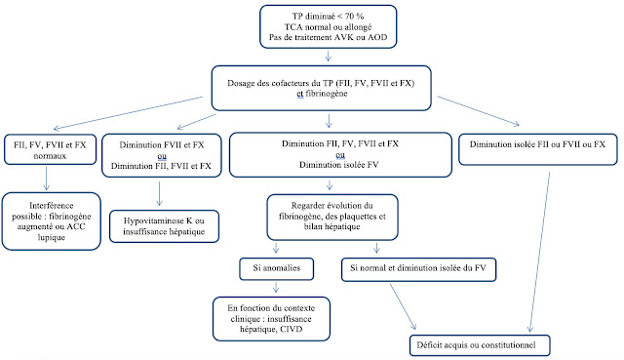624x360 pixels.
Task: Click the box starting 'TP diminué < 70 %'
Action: pyautogui.click(x=329, y=26)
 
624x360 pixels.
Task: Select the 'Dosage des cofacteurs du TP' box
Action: pyautogui.click(x=321, y=88)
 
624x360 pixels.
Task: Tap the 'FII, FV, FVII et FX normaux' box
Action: pyautogui.click(x=50, y=149)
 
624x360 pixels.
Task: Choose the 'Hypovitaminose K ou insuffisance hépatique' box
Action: pyautogui.click(x=164, y=226)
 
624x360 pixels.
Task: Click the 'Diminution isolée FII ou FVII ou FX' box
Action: pyautogui.click(x=537, y=149)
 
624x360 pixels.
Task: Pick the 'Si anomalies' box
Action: pyautogui.click(x=277, y=269)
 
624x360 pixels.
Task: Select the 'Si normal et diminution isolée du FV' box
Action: pyautogui.click(x=418, y=269)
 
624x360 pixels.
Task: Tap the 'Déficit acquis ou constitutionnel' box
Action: pyautogui.click(x=480, y=345)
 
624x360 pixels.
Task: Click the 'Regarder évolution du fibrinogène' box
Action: pyautogui.click(x=332, y=217)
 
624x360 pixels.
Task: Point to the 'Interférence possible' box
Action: pyautogui.click(x=52, y=221)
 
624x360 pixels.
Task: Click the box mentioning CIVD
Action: pyautogui.click(x=271, y=319)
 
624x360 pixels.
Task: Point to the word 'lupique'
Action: pyautogui.click(x=52, y=237)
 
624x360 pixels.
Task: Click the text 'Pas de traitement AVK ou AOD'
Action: pyautogui.click(x=328, y=37)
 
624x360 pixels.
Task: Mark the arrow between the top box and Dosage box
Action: pyautogui.click(x=328, y=56)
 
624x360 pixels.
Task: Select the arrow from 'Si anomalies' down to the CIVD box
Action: pyautogui.click(x=276, y=288)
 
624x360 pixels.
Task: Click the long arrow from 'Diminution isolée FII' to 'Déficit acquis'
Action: pyautogui.click(x=539, y=252)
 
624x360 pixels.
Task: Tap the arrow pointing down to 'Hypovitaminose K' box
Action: pyautogui.click(x=159, y=193)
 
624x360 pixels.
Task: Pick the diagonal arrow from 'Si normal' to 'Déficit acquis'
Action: pyautogui.click(x=403, y=306)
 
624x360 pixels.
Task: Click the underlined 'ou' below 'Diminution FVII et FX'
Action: pyautogui.click(x=162, y=156)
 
